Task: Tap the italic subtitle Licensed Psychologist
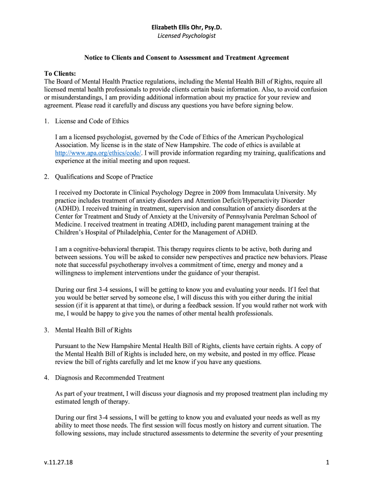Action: pos(186,36)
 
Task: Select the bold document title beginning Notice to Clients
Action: pos(186,58)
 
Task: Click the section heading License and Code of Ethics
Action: pos(92,121)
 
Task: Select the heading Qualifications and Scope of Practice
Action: pos(104,177)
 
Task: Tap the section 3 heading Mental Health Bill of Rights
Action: pos(93,330)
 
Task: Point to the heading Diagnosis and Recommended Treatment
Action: pos(110,378)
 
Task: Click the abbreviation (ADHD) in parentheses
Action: pos(67,209)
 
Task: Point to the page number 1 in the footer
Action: pos(327,463)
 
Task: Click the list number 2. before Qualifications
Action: pos(47,177)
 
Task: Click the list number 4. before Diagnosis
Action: pos(47,378)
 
